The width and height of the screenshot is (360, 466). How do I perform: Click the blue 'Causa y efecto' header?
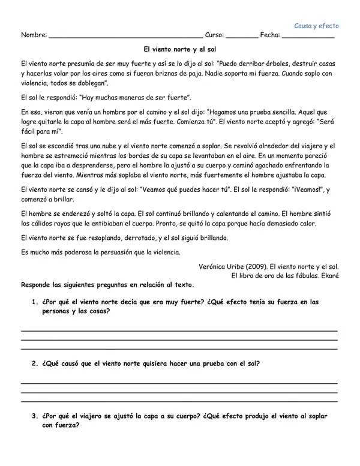[317, 26]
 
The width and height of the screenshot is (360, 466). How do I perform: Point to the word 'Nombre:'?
[34, 36]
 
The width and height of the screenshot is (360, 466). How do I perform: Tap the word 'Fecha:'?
[271, 36]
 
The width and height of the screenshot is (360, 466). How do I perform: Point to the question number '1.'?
[35, 302]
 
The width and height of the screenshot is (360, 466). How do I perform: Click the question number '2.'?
[35, 363]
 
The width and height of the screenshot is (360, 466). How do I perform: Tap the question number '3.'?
[35, 416]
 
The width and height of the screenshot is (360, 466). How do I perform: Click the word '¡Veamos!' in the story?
[303, 189]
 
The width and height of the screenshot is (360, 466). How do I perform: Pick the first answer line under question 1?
[179, 330]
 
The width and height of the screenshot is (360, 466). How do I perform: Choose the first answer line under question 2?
[179, 383]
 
